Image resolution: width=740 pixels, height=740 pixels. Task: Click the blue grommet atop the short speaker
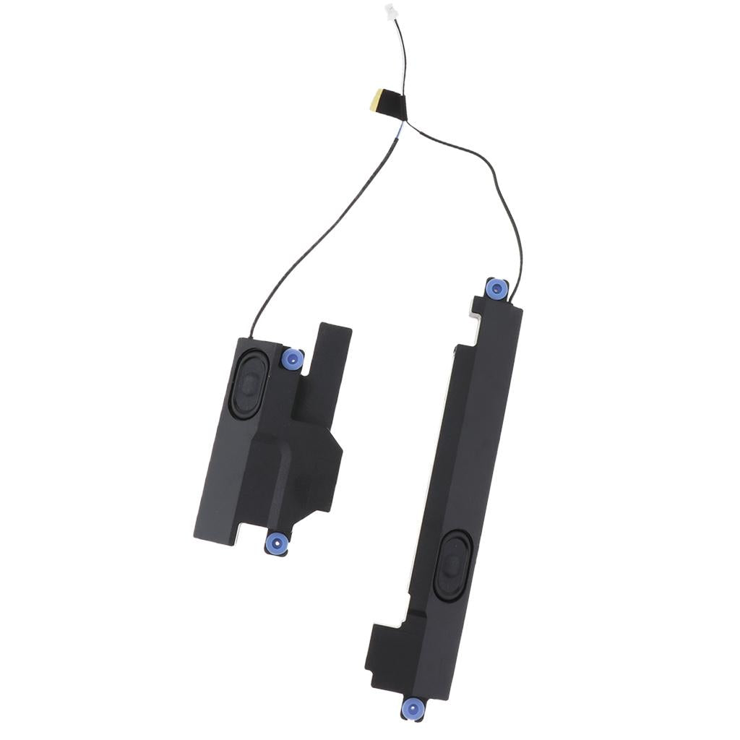pos(292,358)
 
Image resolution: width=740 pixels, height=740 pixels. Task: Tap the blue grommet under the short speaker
pos(276,543)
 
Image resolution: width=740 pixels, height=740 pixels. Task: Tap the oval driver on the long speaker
pos(453,562)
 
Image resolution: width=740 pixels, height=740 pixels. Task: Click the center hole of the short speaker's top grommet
pos(292,358)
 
